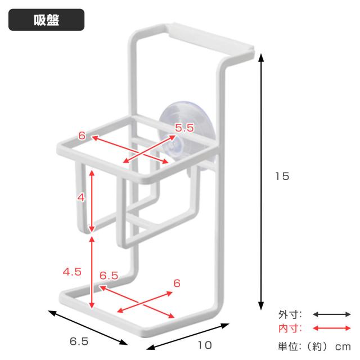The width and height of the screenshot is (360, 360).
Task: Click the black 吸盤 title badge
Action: (x=46, y=20)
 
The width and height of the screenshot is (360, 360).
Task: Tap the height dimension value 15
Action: (x=282, y=176)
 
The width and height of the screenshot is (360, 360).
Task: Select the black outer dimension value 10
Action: (x=205, y=345)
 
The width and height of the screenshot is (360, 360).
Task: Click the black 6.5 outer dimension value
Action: (x=79, y=341)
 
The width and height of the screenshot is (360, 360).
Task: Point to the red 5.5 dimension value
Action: (x=184, y=128)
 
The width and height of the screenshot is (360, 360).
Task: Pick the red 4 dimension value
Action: (x=81, y=197)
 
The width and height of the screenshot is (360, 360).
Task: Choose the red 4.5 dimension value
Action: (x=72, y=272)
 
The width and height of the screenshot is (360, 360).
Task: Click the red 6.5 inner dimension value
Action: (x=109, y=276)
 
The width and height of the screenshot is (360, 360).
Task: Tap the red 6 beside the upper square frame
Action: (x=82, y=136)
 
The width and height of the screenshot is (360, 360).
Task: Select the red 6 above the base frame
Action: (x=177, y=283)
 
